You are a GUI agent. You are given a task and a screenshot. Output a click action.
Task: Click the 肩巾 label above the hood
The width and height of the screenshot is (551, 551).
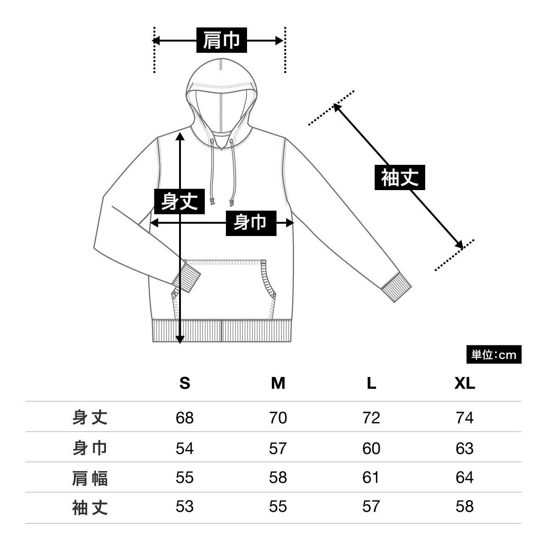click(x=222, y=40)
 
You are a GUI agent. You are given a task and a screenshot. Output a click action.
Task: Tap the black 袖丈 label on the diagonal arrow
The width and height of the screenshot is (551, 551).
click(x=400, y=177)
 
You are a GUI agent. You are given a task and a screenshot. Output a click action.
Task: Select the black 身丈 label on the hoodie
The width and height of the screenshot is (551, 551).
click(x=179, y=201)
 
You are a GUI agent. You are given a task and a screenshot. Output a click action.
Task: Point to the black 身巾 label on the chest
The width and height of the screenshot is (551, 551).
click(x=251, y=223)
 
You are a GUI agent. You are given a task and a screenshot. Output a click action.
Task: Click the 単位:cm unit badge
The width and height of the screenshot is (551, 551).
click(x=494, y=354)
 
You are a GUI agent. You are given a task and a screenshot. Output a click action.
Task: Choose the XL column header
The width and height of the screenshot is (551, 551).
click(x=465, y=383)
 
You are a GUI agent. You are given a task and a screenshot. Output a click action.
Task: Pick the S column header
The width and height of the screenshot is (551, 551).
click(x=185, y=383)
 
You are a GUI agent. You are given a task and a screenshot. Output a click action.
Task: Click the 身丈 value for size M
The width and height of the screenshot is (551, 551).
click(x=278, y=418)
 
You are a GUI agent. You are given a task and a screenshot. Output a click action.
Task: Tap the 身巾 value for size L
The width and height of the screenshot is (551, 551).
click(x=371, y=448)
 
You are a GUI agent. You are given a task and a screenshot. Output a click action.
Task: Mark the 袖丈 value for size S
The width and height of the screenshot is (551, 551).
click(x=185, y=506)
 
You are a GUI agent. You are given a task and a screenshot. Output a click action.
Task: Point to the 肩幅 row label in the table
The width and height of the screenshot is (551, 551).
click(x=90, y=478)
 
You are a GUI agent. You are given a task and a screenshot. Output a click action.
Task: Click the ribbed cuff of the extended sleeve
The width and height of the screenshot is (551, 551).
click(x=396, y=289)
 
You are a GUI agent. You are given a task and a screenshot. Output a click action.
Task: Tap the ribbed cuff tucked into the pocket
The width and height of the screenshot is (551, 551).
click(x=186, y=277)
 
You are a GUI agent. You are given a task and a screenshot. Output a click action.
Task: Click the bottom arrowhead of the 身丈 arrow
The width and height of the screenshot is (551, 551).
click(x=180, y=339)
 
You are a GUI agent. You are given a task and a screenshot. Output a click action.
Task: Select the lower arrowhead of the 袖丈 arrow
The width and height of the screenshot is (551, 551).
click(x=459, y=245)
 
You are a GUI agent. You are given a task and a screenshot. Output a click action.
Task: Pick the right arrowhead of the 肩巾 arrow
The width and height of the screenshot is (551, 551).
click(x=279, y=40)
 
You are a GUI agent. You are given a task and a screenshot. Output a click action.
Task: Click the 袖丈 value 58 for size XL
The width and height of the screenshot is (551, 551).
click(x=465, y=506)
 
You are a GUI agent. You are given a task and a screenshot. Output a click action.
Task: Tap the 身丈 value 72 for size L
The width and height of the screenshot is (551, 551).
click(x=371, y=418)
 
